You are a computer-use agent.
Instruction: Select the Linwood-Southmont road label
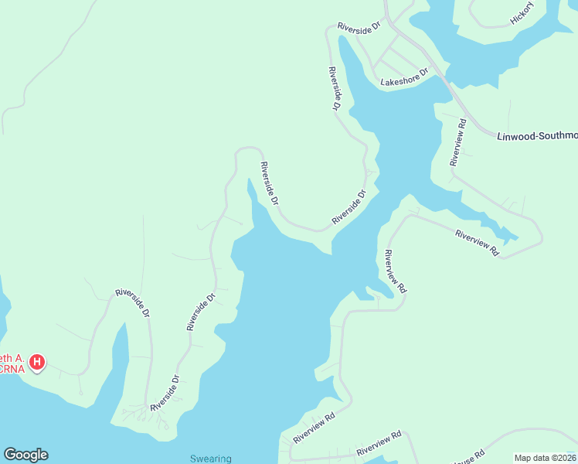[x=537, y=136]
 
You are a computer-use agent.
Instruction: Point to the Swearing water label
[x=211, y=459]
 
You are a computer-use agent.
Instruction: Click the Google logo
[x=25, y=455]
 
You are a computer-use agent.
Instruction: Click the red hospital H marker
[x=36, y=361]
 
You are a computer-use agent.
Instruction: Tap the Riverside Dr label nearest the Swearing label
[x=165, y=393]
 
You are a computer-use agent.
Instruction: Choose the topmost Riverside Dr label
[x=360, y=26]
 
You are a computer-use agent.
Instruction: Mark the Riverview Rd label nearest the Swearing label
[x=314, y=428]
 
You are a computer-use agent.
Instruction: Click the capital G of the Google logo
[x=10, y=455]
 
